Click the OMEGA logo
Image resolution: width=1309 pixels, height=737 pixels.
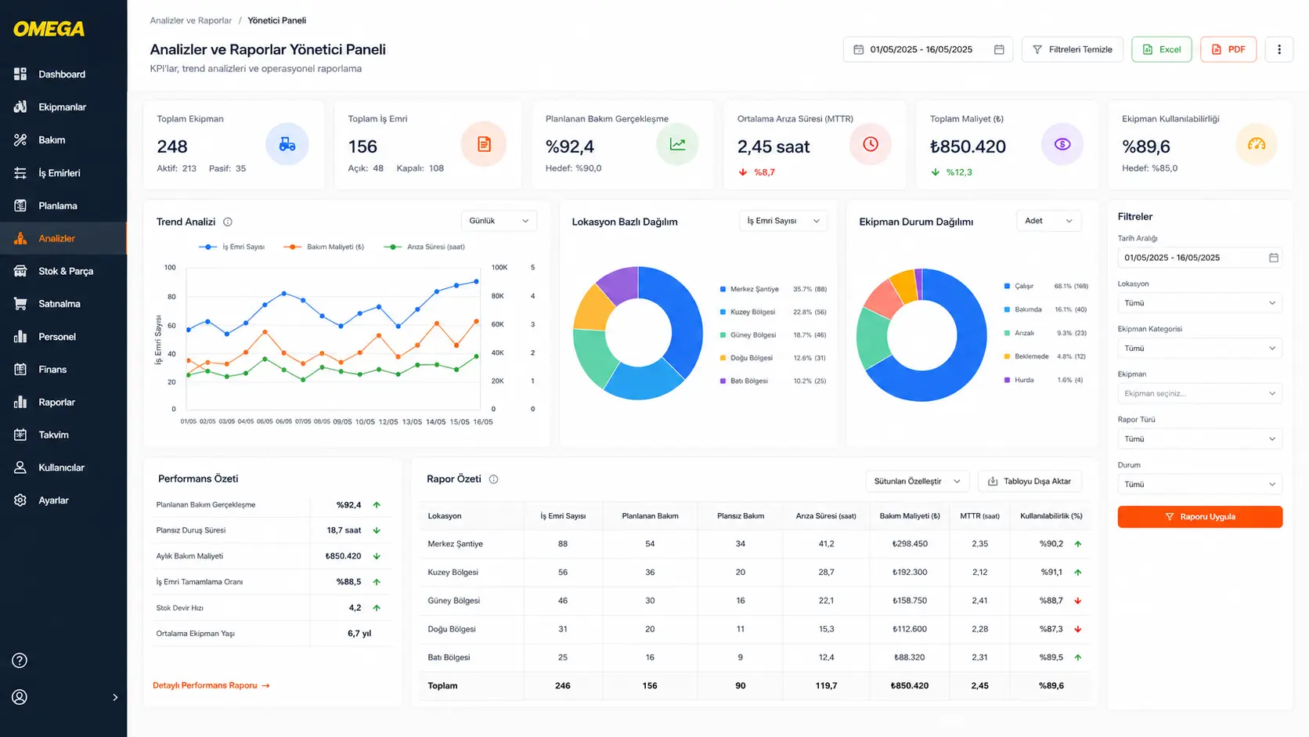49,29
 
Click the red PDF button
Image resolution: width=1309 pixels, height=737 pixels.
1228,49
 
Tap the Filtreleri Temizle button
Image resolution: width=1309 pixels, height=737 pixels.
1072,49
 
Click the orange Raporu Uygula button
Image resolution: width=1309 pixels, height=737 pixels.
1199,517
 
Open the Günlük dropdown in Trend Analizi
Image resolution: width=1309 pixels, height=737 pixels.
499,221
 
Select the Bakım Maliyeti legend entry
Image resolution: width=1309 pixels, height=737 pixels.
324,247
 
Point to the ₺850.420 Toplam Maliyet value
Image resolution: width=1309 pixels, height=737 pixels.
968,146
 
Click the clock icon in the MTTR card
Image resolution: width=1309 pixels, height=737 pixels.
870,144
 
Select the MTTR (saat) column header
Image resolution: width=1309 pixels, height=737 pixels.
979,516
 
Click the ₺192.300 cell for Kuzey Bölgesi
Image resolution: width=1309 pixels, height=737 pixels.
909,573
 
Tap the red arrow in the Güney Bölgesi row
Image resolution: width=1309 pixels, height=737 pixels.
1077,601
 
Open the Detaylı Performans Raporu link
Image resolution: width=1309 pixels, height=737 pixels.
211,685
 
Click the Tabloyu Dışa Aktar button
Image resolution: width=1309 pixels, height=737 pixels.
1030,481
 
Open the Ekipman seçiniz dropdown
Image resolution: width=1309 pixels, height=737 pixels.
1199,393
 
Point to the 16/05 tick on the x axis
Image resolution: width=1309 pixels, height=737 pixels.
483,422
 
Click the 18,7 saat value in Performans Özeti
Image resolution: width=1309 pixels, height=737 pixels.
344,530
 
